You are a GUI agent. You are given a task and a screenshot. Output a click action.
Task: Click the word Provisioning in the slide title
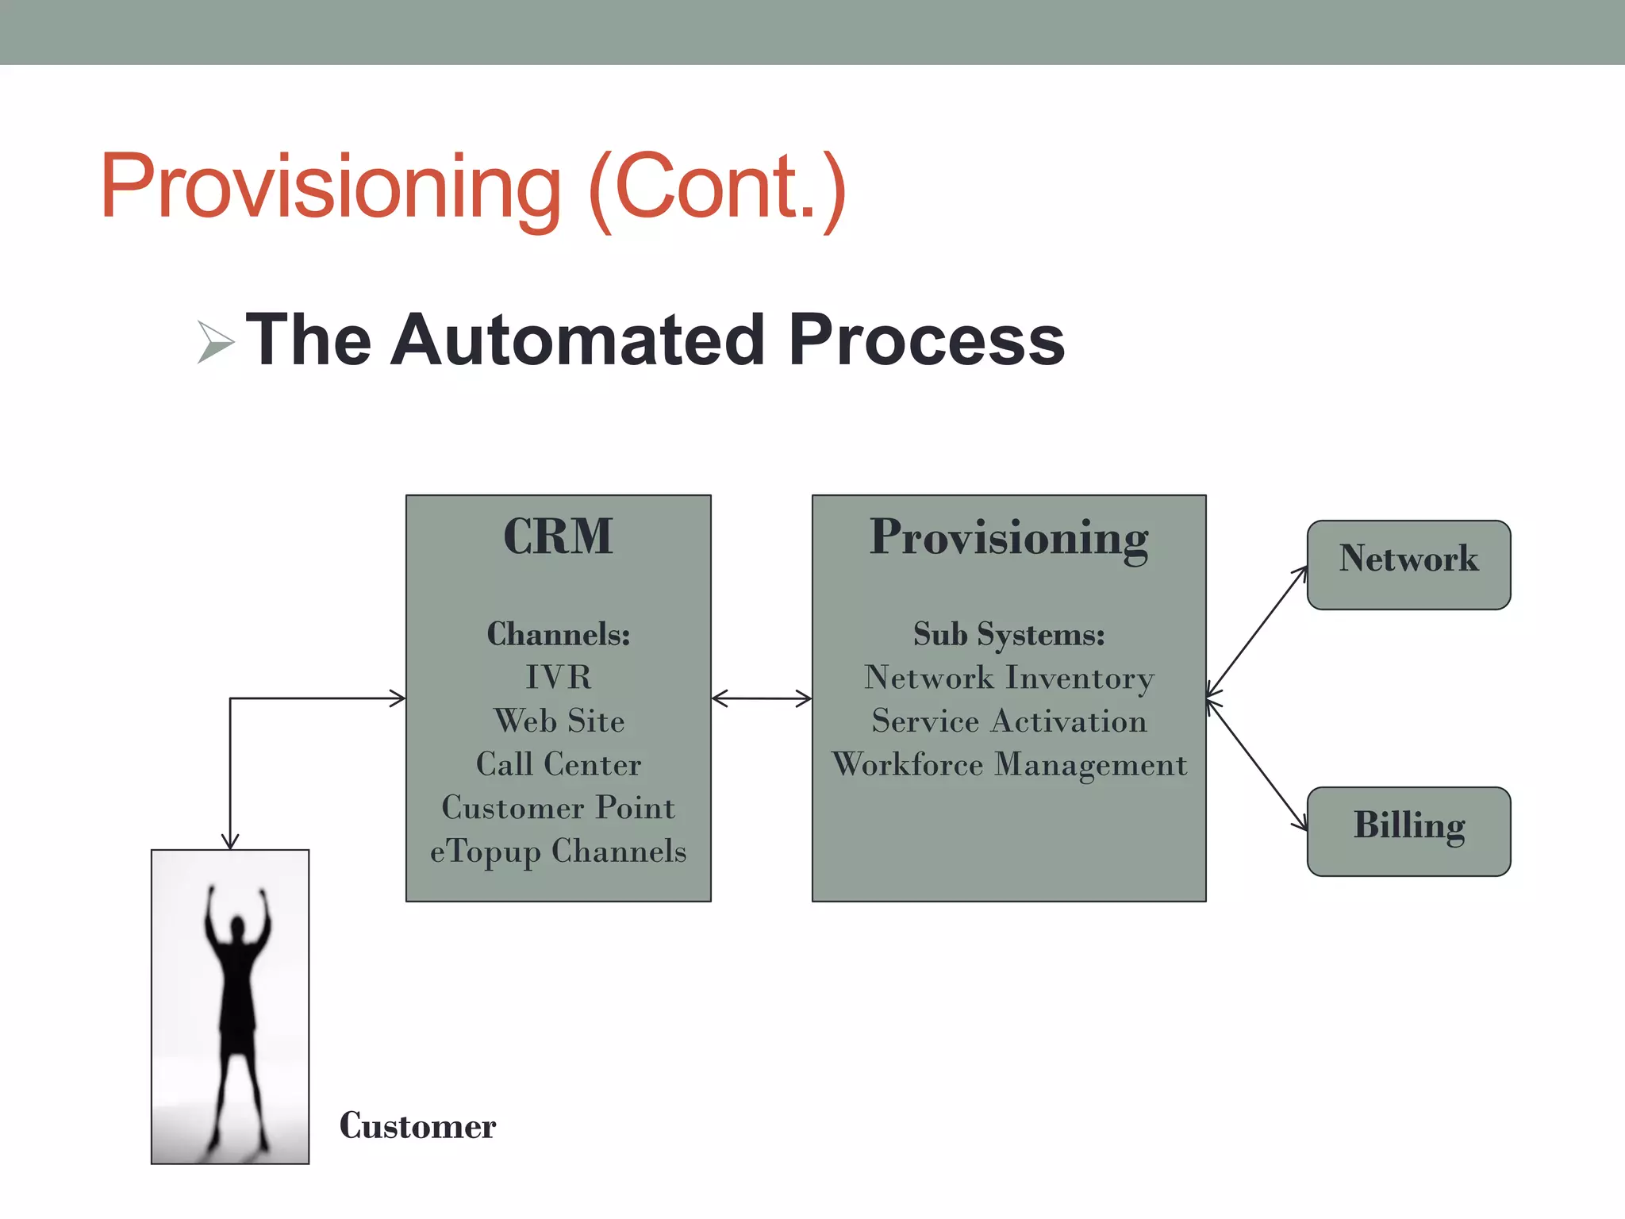click(x=331, y=187)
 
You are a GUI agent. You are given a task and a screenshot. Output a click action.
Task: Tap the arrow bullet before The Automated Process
click(x=214, y=342)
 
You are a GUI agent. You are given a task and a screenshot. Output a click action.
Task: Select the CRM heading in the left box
click(x=558, y=536)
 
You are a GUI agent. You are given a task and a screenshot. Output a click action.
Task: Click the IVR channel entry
click(x=558, y=677)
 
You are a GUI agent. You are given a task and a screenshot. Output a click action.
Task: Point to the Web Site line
click(x=558, y=721)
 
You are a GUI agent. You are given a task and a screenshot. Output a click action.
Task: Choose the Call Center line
click(x=558, y=764)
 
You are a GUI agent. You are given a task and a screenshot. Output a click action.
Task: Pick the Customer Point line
click(x=558, y=807)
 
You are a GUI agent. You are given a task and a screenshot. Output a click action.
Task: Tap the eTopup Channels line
click(x=558, y=851)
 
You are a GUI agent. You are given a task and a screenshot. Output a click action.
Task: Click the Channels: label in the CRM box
click(x=558, y=634)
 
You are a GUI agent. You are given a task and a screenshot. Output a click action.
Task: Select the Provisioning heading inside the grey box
click(x=1008, y=538)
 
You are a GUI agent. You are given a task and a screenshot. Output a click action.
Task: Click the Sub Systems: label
click(x=1008, y=634)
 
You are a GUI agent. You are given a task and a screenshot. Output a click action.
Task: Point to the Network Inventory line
click(x=1008, y=678)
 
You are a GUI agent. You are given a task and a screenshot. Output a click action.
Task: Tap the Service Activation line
click(x=1008, y=721)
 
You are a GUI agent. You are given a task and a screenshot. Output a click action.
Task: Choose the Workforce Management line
click(x=1008, y=764)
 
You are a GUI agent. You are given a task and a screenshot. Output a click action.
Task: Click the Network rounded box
click(x=1408, y=564)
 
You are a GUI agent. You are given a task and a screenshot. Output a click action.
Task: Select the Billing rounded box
click(x=1408, y=831)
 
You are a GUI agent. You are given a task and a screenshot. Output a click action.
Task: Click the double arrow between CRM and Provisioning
click(x=762, y=698)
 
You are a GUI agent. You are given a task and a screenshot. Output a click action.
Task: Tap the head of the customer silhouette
click(x=236, y=926)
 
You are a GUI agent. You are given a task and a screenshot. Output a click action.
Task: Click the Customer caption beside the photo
click(x=417, y=1126)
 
